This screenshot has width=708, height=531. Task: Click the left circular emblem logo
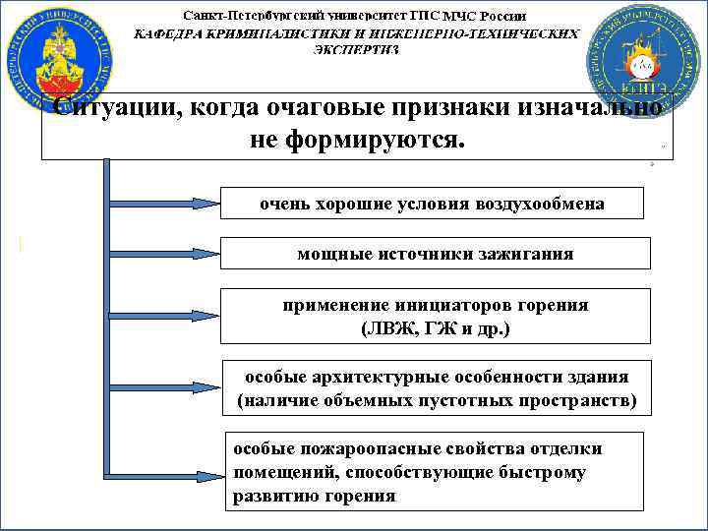click(60, 60)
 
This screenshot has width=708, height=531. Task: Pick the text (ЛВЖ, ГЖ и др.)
click(435, 328)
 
